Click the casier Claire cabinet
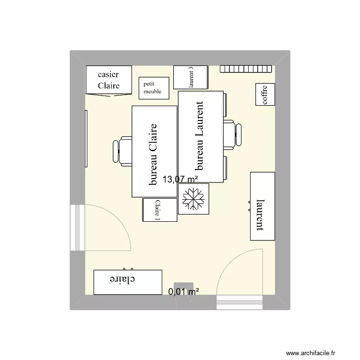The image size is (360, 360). (108, 80)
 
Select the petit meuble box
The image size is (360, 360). (154, 88)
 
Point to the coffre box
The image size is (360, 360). (264, 94)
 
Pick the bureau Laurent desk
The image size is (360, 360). (201, 137)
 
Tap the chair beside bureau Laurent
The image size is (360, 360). (233, 134)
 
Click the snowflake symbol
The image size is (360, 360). (193, 200)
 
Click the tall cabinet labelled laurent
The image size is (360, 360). (262, 205)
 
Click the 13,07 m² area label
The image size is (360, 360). (180, 180)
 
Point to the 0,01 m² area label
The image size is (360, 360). (183, 291)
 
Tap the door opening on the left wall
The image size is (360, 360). (77, 228)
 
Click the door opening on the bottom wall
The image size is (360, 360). (240, 302)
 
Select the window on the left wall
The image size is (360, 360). (86, 138)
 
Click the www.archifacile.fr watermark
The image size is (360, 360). (318, 353)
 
